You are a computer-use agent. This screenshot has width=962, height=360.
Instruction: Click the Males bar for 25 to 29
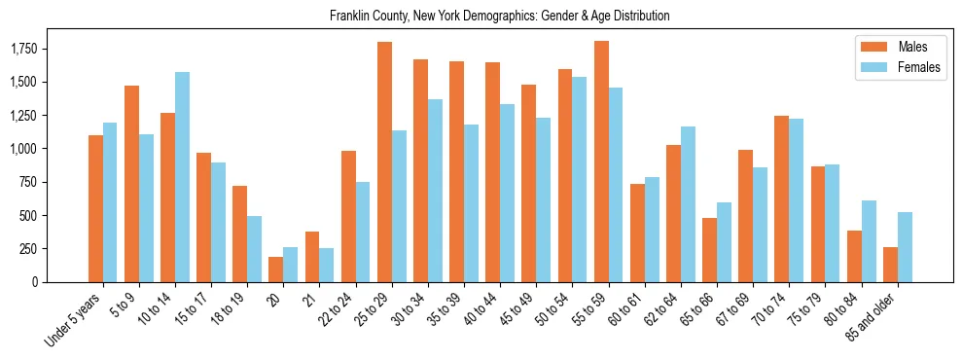[384, 162]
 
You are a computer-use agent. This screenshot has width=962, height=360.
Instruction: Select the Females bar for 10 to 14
[182, 177]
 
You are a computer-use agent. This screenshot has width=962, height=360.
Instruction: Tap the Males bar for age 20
[276, 270]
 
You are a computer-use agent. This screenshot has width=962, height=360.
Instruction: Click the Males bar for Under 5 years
[95, 208]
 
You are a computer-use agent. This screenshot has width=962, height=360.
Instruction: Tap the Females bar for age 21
[327, 265]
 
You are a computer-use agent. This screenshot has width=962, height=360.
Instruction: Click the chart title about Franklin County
[499, 17]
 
